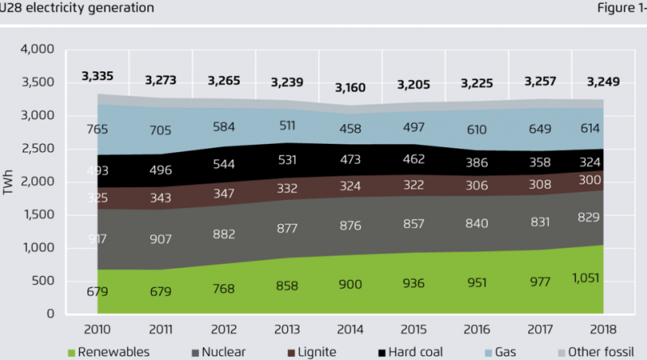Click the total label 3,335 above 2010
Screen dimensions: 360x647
tap(97, 77)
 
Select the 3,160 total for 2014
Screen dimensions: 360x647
tap(350, 87)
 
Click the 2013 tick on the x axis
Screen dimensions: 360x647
tap(287, 329)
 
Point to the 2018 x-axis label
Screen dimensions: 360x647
tap(603, 329)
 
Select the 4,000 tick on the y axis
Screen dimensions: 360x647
tap(36, 49)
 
